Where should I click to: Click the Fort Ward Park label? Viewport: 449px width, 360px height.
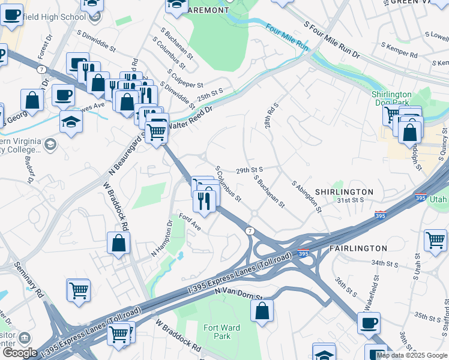[x=217, y=332]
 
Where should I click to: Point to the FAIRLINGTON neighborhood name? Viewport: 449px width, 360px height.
[x=358, y=248]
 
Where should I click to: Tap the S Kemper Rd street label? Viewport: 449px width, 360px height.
[x=399, y=50]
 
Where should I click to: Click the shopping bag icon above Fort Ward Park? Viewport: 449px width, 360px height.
[x=262, y=311]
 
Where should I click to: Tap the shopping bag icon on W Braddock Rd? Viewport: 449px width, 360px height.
[x=119, y=242]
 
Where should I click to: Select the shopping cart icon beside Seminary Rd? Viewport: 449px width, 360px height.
[x=79, y=290]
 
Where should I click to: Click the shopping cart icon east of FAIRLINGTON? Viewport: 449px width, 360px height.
[x=435, y=240]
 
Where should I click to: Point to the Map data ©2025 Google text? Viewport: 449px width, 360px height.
[x=412, y=355]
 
